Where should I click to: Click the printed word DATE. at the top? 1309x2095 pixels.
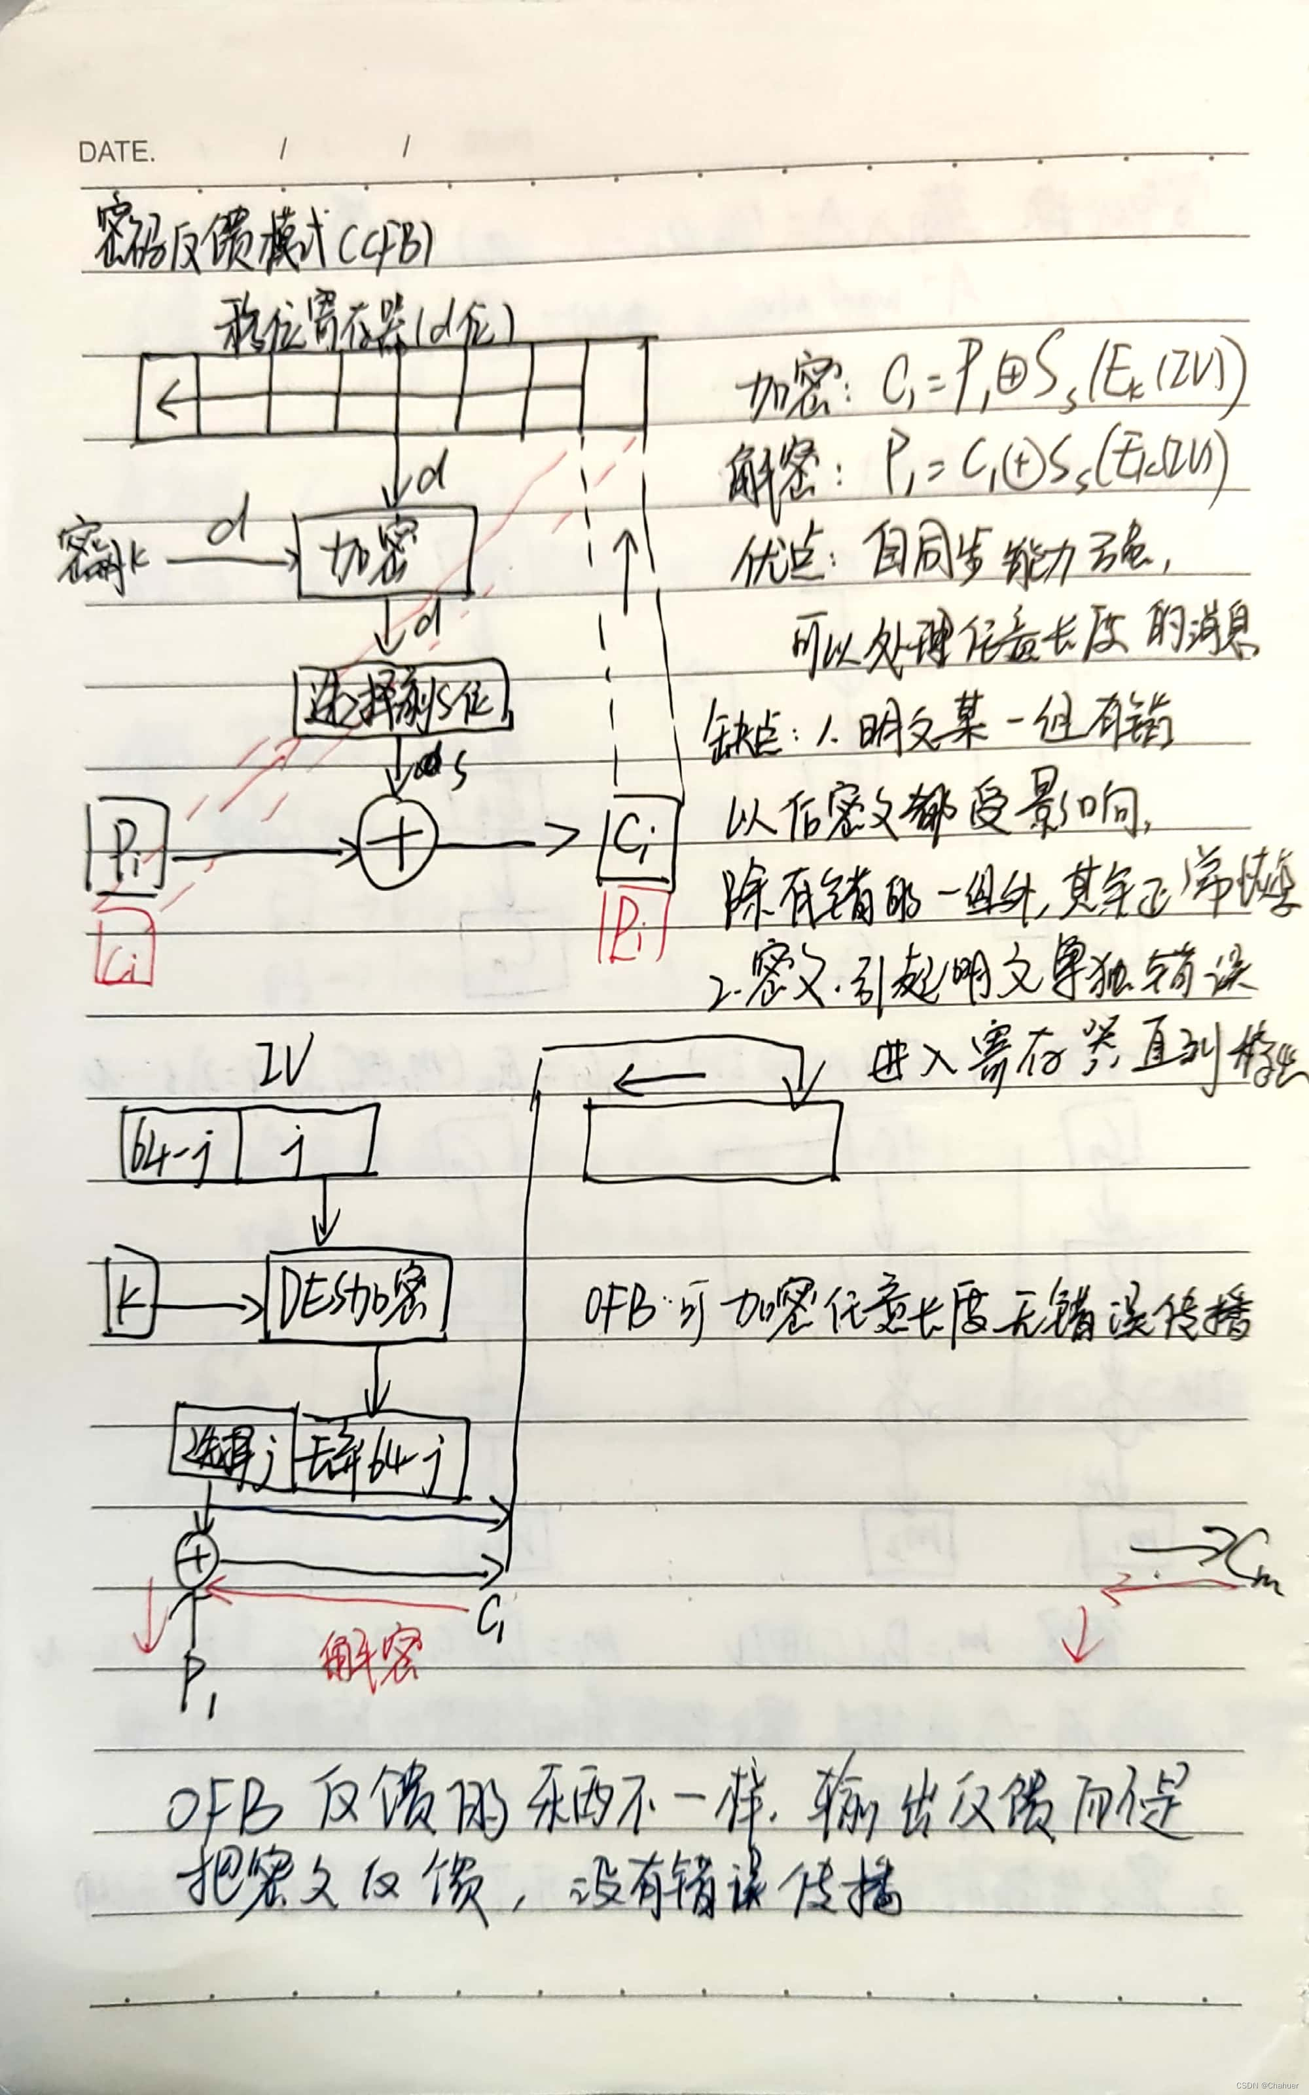click(x=117, y=153)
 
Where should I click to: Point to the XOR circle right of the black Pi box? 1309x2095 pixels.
click(x=398, y=841)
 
